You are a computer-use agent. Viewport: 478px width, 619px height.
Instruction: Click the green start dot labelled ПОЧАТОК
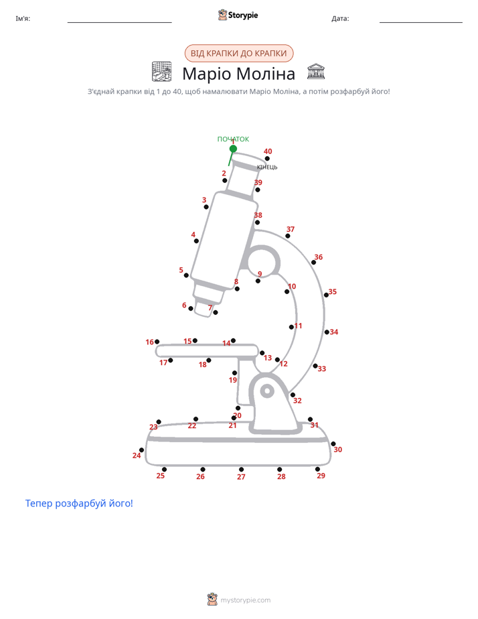tap(233, 149)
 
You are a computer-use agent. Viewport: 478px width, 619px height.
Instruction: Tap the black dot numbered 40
tap(267, 159)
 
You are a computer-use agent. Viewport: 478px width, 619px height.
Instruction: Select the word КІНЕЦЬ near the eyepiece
tap(267, 167)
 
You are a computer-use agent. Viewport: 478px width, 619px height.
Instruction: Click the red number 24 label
tap(137, 456)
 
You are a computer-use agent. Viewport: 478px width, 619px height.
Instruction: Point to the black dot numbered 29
tap(317, 469)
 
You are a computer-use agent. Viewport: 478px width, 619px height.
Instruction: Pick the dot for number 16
tap(157, 342)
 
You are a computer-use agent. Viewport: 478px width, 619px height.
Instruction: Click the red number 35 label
tap(333, 291)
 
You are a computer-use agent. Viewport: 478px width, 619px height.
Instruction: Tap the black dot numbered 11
tap(291, 327)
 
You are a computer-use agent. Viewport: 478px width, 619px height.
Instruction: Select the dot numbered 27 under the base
tap(241, 470)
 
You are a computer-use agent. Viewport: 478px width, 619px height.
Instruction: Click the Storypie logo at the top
tap(238, 15)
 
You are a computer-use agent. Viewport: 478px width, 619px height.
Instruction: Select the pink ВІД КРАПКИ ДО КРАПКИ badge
tap(239, 54)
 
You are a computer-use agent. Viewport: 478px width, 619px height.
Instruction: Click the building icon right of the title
tap(316, 71)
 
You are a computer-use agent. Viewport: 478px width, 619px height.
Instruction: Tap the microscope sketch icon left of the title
tap(162, 72)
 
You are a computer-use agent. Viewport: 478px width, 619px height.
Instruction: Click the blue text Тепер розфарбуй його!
tap(79, 503)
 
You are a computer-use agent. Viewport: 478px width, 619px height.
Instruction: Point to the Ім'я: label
tap(23, 18)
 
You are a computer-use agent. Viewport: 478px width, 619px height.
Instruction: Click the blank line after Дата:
tap(421, 22)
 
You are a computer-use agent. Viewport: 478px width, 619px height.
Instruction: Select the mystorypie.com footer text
tap(245, 600)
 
